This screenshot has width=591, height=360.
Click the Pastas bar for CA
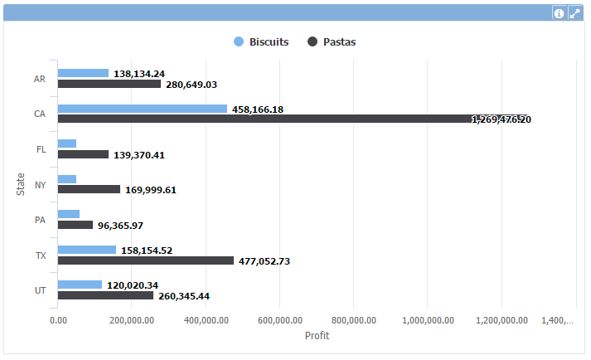(290, 119)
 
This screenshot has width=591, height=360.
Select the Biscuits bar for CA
(142, 109)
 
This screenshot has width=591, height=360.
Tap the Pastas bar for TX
(145, 260)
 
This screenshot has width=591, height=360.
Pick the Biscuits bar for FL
(66, 144)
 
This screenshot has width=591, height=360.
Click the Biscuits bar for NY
(66, 179)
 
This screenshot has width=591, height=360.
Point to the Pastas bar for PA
(75, 225)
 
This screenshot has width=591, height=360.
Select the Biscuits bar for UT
(80, 285)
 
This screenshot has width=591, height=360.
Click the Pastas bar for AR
(109, 84)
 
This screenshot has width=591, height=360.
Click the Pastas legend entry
(332, 41)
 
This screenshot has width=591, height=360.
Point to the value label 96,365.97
(132, 226)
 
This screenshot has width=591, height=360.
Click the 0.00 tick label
(58, 320)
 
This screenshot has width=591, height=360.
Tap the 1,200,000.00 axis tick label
(501, 320)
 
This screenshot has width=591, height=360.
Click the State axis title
(21, 182)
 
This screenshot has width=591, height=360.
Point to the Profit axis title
(317, 336)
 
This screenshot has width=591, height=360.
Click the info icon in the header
(560, 13)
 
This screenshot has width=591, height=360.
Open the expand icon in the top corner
(574, 13)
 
